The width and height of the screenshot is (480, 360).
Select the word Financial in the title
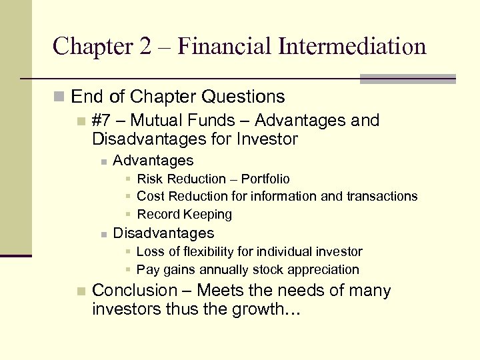tap(223, 46)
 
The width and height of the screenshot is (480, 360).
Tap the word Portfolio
tap(265, 179)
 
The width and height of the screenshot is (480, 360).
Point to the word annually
tap(225, 269)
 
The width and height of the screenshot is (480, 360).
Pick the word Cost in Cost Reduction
tap(151, 196)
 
